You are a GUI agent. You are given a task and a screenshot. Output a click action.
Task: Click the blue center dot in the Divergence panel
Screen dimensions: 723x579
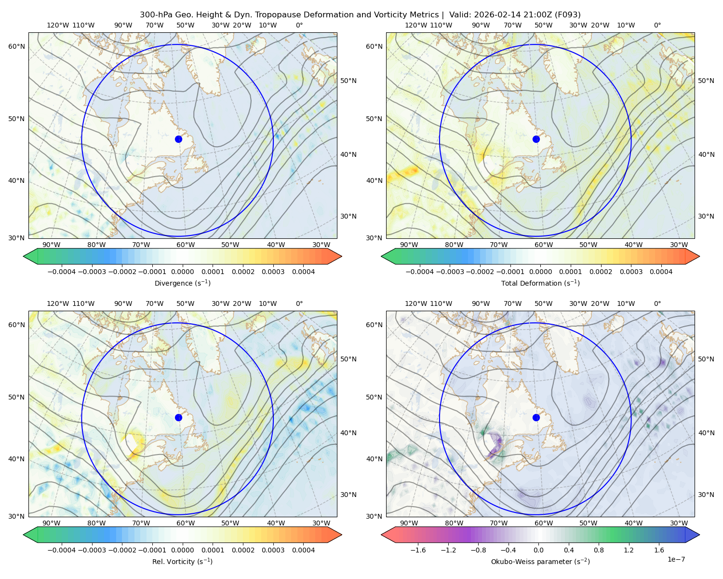178,139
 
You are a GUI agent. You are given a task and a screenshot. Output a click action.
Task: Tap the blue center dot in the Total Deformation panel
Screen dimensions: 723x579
536,139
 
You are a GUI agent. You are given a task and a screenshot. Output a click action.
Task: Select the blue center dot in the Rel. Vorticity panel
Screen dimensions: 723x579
178,417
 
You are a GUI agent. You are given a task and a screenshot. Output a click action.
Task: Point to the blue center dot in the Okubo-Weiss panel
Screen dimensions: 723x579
536,417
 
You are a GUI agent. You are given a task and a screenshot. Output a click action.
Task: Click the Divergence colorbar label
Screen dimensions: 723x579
182,283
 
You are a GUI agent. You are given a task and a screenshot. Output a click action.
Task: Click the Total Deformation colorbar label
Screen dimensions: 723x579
540,283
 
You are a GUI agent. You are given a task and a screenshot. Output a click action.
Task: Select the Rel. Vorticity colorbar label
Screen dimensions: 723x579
182,561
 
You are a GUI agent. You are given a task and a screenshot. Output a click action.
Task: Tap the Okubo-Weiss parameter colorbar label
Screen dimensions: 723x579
540,561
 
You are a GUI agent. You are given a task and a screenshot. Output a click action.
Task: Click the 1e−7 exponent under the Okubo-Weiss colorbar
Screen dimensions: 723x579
676,559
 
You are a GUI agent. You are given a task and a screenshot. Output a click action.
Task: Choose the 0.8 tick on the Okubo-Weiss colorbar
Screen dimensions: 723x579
599,550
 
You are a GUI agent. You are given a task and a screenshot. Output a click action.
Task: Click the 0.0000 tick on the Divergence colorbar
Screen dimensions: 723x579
182,272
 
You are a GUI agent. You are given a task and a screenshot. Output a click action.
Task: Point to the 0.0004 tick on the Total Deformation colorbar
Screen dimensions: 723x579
661,272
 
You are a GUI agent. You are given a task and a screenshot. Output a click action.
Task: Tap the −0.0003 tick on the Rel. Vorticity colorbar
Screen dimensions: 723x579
92,550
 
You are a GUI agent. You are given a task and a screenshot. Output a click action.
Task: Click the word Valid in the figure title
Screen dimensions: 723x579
457,15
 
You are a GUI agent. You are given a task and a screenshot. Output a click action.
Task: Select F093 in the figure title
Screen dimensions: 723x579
567,15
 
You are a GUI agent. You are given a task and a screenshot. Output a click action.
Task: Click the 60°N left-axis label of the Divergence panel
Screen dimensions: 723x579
16,46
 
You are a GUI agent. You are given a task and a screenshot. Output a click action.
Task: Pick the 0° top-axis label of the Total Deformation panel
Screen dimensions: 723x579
657,25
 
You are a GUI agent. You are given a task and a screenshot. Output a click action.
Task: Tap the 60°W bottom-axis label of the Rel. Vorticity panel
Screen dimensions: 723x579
186,523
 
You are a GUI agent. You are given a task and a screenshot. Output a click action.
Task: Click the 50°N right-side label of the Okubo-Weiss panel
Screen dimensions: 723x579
706,359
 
